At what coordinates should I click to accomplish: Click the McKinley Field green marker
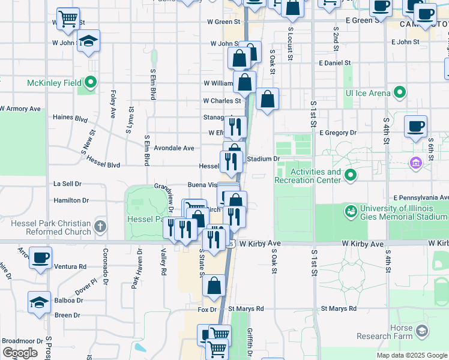[91, 82]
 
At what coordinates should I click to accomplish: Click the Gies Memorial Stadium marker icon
[351, 211]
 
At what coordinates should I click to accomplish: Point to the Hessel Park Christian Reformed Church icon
[100, 227]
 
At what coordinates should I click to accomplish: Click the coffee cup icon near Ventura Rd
[40, 258]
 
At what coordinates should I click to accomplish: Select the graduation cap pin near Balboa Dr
[39, 302]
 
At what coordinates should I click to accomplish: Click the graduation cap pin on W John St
[88, 41]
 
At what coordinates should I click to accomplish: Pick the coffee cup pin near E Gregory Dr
[415, 127]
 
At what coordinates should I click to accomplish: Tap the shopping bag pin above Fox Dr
[214, 286]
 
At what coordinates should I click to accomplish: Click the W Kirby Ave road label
[260, 244]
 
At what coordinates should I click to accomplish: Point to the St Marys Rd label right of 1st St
[339, 309]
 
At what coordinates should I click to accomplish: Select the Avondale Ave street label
[174, 148]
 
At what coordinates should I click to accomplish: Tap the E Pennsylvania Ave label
[421, 197]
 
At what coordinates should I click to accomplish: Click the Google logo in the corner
[20, 353]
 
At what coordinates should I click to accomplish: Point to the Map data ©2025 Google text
[411, 355]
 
